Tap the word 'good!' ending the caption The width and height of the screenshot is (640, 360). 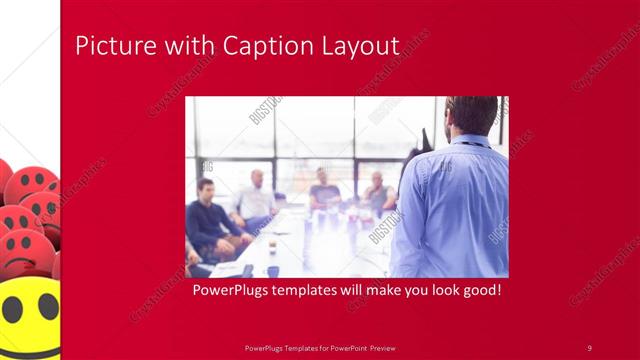479,292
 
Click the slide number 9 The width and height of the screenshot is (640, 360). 589,347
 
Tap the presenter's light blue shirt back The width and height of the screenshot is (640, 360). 455,210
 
